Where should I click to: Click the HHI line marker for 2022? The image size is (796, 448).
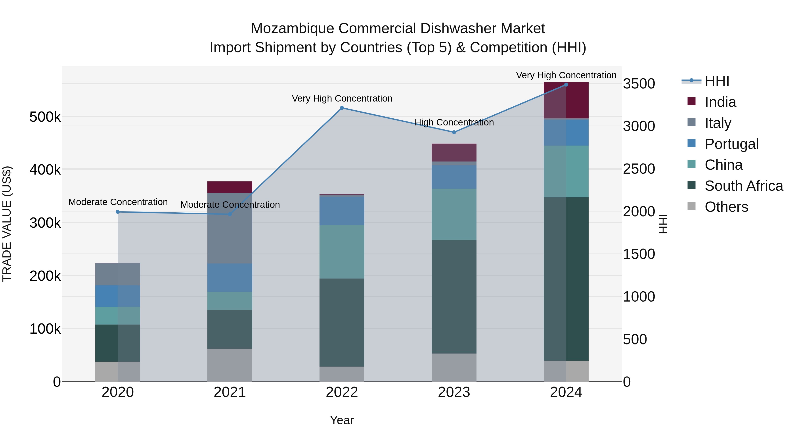(x=342, y=108)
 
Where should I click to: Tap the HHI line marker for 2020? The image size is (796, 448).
(x=118, y=212)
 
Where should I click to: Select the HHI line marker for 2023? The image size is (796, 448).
(x=454, y=132)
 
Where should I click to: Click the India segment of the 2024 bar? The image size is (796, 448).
(x=566, y=100)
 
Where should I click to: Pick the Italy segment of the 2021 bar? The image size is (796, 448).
(x=230, y=228)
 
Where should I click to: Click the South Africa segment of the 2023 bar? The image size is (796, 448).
(x=454, y=297)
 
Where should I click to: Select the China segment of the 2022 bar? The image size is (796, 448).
(x=342, y=252)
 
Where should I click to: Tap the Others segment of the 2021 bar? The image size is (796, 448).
(x=230, y=365)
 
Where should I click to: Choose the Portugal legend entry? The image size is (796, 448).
(x=731, y=144)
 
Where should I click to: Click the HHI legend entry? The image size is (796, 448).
(x=717, y=81)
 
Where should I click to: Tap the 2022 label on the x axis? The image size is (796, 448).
(x=342, y=392)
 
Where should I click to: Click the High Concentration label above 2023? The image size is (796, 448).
(x=454, y=122)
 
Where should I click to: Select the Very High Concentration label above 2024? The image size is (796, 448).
(x=566, y=75)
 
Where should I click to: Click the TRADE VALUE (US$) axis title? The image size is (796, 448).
(x=7, y=224)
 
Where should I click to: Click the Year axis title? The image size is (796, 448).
(x=342, y=420)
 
